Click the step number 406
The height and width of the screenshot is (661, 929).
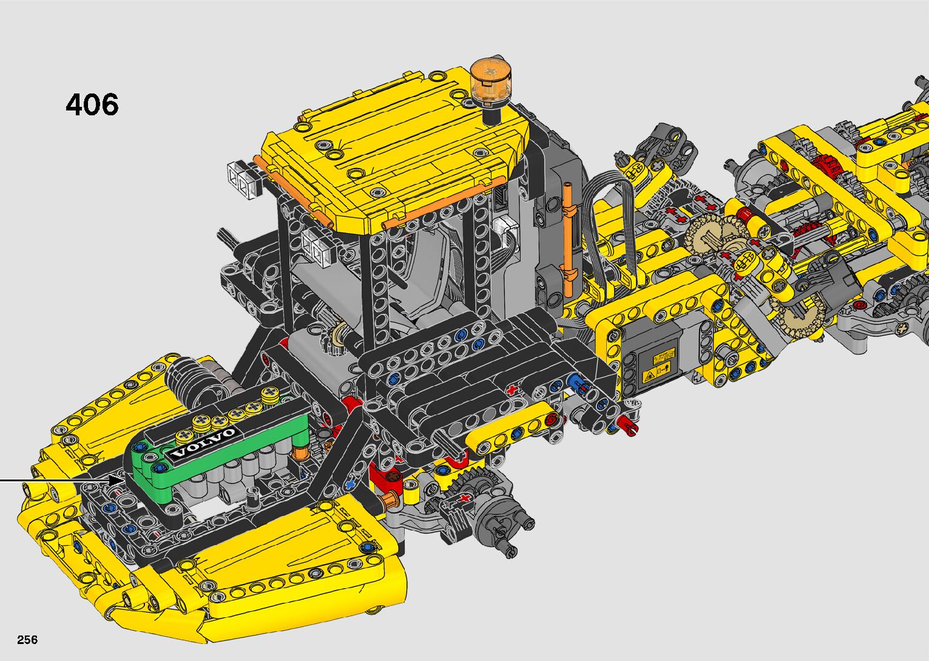pyautogui.click(x=92, y=104)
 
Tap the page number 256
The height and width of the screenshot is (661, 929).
pyautogui.click(x=27, y=639)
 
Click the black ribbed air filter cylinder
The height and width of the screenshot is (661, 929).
pyautogui.click(x=189, y=381)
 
